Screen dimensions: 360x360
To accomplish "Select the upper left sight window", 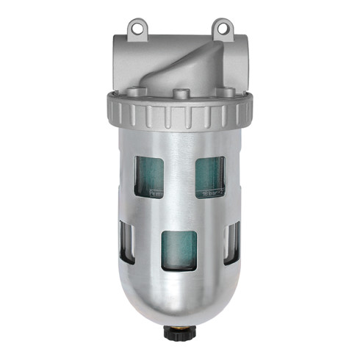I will coord(150,177).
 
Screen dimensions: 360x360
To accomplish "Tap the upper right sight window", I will coord(210,177).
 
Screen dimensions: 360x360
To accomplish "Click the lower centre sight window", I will coord(179,250).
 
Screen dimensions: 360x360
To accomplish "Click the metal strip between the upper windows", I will coord(180,176).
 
